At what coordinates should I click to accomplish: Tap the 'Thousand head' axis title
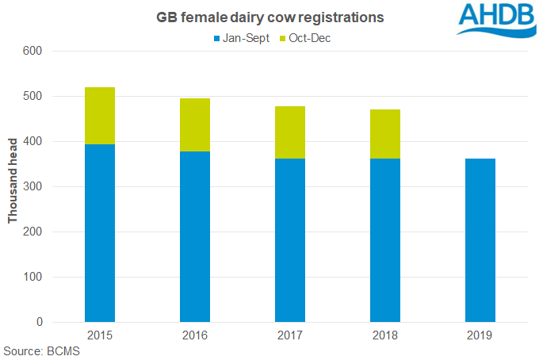tap(13, 187)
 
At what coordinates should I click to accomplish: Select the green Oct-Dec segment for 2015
tap(100, 116)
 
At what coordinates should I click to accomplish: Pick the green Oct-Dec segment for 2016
tap(195, 124)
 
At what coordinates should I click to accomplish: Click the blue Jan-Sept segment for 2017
tap(290, 240)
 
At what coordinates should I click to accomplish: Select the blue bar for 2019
tap(480, 240)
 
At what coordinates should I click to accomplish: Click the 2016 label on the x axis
tap(195, 335)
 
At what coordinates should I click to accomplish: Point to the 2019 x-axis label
tap(480, 335)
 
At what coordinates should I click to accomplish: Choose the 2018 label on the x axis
tap(385, 335)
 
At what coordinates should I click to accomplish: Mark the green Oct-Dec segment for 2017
tap(290, 132)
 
